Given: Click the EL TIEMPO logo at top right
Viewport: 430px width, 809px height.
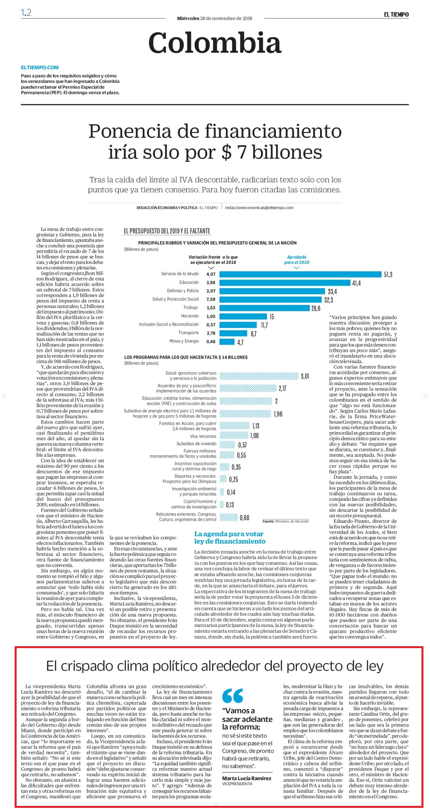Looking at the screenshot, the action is click(396, 14).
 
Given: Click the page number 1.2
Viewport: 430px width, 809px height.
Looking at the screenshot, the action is click(26, 13).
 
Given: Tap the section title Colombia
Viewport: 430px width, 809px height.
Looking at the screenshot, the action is click(215, 42).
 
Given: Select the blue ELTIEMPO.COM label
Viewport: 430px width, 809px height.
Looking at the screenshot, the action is click(40, 67).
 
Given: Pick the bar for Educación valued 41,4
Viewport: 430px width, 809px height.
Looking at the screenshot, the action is click(285, 283).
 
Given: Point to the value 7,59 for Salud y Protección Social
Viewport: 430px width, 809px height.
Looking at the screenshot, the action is click(211, 299).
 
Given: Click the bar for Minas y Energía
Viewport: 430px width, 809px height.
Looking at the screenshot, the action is click(227, 341).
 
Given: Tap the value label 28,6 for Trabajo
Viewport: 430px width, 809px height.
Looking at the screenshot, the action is click(315, 308).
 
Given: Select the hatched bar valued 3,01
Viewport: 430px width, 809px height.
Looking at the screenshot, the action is click(259, 376).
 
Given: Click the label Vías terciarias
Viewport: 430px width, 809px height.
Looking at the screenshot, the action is click(203, 436).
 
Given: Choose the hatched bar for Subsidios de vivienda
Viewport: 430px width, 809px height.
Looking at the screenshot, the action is click(227, 444).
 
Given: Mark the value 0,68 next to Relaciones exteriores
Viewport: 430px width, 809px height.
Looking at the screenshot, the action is click(245, 518).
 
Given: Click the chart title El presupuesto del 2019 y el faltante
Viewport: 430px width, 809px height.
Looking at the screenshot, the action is click(167, 231).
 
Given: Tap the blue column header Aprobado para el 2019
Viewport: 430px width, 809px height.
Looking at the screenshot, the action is click(297, 260).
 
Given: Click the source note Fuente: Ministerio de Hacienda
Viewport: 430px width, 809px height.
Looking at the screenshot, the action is click(286, 521).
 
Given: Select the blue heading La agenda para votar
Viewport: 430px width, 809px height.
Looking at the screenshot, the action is click(229, 534).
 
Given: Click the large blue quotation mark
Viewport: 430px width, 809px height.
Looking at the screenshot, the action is click(233, 696).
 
